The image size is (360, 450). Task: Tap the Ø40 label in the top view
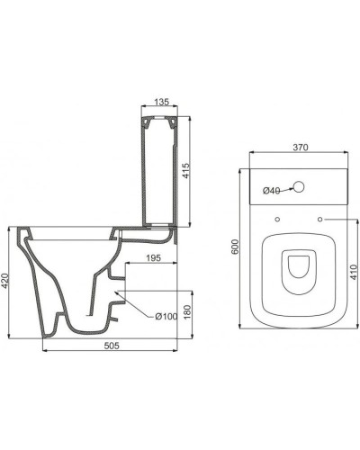coord(271,190)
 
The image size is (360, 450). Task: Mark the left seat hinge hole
coord(276,219)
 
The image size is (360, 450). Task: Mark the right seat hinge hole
coord(319,219)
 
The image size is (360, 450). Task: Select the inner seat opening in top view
coord(298,270)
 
